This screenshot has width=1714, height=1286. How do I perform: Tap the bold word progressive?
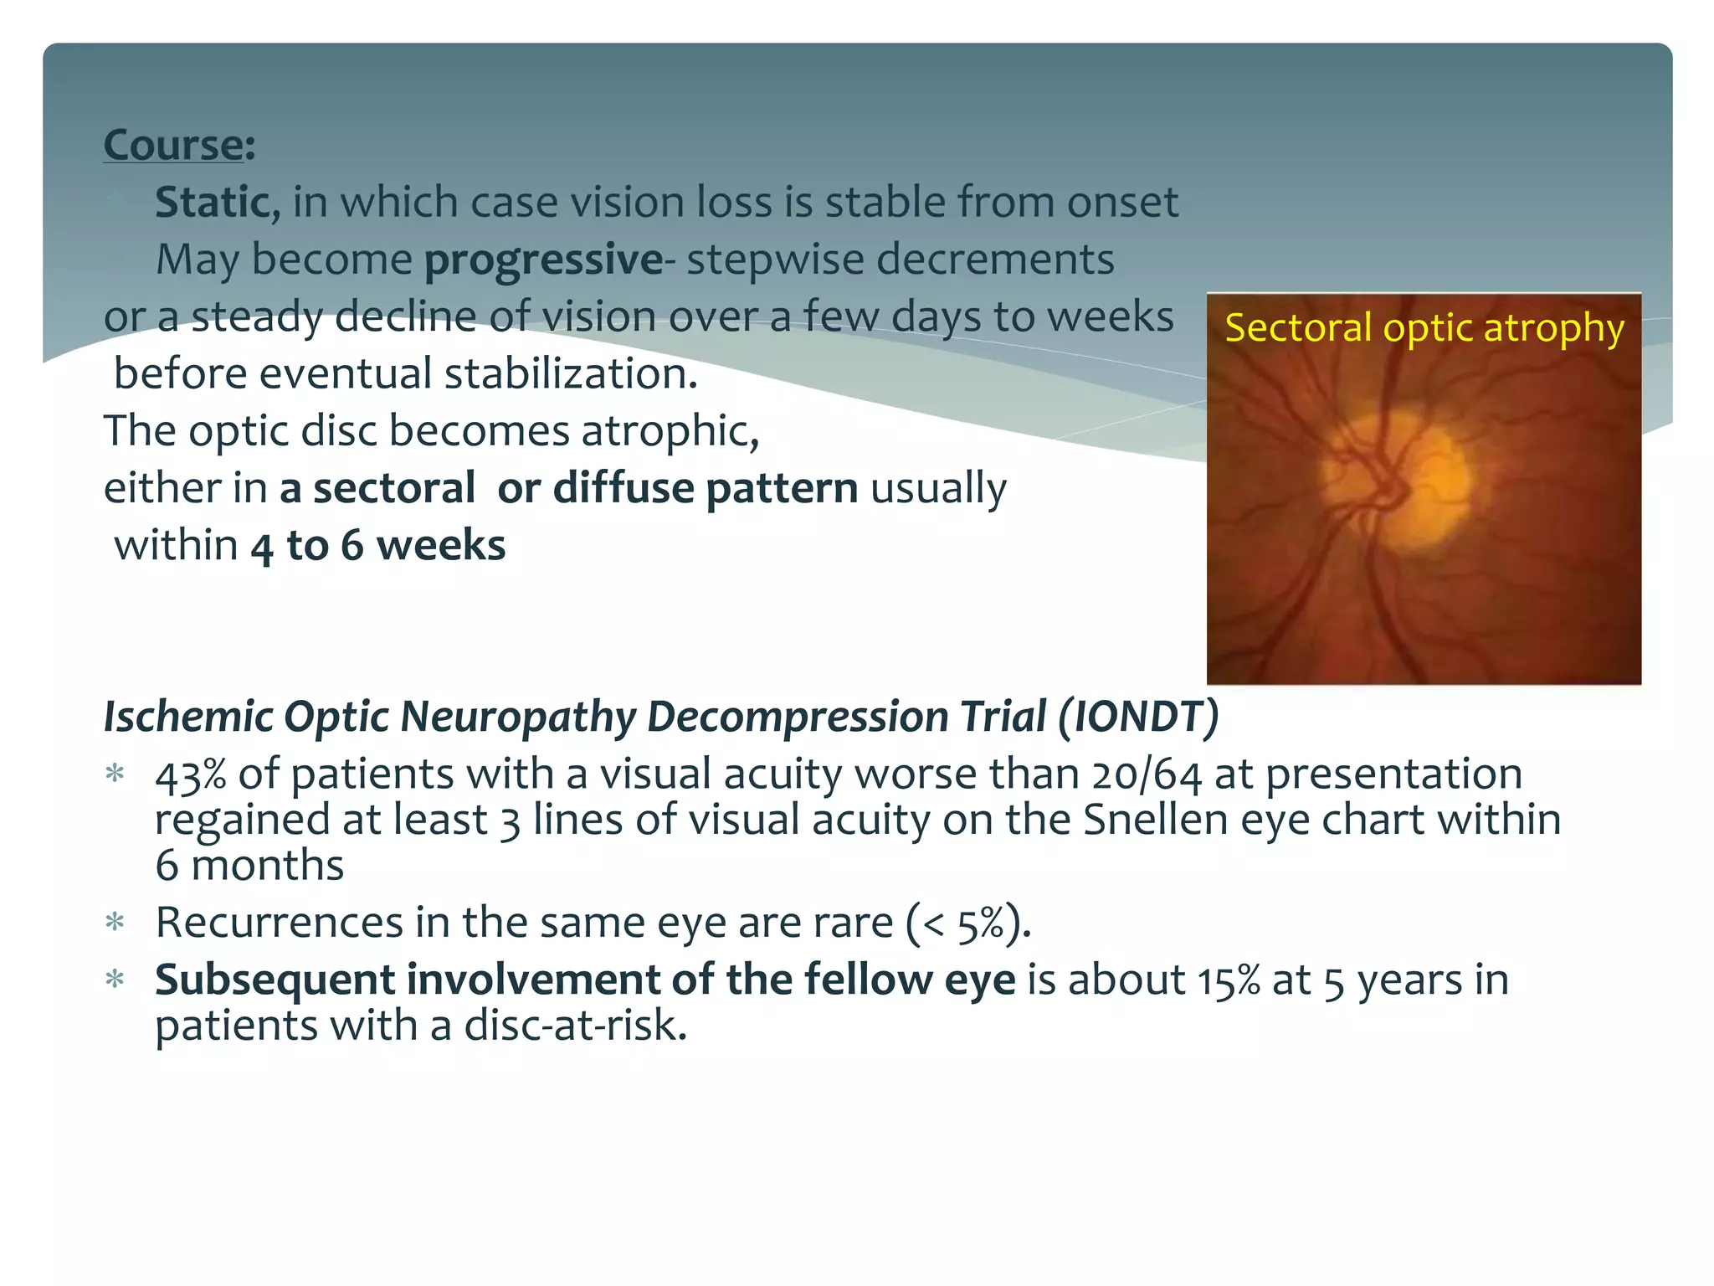544,260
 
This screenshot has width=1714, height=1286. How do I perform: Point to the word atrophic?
670,431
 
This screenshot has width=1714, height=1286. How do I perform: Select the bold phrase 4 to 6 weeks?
378,546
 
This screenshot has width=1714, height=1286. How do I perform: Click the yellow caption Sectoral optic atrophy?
1424,327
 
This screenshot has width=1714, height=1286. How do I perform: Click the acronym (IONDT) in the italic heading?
1138,717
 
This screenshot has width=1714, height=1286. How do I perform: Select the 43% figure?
190,774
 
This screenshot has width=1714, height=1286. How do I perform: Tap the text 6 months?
249,865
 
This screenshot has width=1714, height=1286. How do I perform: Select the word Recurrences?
279,923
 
